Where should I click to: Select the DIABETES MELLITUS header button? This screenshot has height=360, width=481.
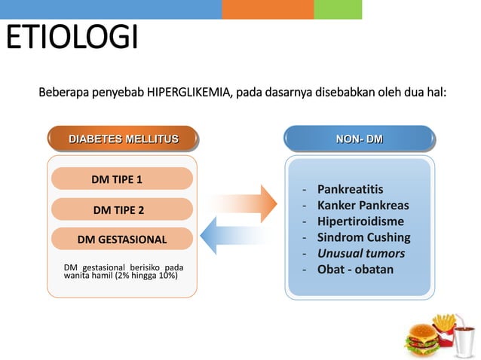(124, 139)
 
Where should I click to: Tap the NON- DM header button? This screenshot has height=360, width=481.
(359, 139)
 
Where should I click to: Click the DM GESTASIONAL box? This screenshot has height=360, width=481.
(122, 239)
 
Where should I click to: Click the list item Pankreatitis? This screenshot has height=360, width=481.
(350, 189)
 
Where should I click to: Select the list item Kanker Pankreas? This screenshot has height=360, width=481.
(363, 205)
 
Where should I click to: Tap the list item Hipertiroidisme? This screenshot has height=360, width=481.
(360, 221)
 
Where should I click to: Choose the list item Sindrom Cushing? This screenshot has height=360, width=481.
(363, 237)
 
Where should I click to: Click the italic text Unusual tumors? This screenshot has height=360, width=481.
(360, 253)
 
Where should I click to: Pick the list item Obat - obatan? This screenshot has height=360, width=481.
(355, 269)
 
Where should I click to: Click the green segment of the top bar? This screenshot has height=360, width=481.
(337, 9)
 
